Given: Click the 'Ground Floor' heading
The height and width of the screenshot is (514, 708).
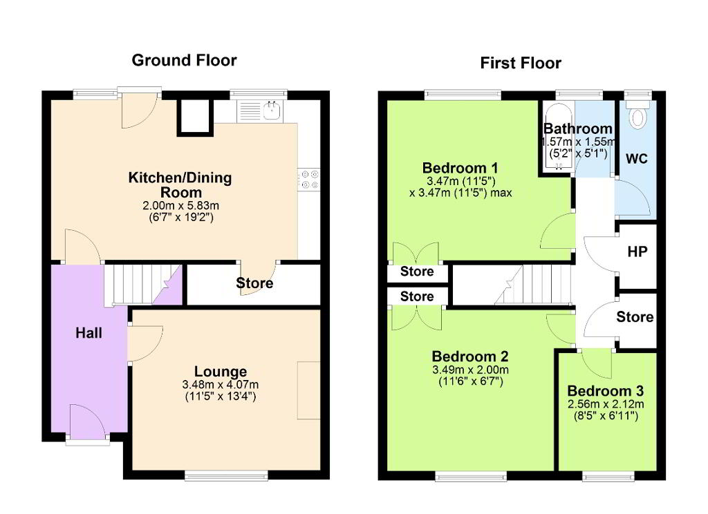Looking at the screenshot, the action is pyautogui.click(x=184, y=61).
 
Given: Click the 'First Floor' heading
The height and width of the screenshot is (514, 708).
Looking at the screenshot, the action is pyautogui.click(x=521, y=63).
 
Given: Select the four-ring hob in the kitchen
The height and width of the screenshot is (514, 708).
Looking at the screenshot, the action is pyautogui.click(x=309, y=179).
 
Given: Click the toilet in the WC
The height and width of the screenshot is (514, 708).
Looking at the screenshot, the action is pyautogui.click(x=637, y=115).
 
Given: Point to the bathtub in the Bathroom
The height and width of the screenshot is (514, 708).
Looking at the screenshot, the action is pyautogui.click(x=559, y=137).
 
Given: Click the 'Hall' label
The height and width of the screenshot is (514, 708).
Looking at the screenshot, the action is pyautogui.click(x=88, y=333).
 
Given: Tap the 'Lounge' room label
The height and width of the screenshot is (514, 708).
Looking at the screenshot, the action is pyautogui.click(x=221, y=372).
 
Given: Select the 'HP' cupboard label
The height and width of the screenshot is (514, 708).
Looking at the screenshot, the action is pyautogui.click(x=637, y=251).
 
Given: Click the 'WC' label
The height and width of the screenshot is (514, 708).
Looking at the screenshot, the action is pyautogui.click(x=637, y=158).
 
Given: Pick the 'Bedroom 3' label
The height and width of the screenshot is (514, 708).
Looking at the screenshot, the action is pyautogui.click(x=606, y=391).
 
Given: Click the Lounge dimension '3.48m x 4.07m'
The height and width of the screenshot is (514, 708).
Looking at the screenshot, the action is pyautogui.click(x=221, y=385).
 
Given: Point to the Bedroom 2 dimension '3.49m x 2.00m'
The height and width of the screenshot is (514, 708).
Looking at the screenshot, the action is pyautogui.click(x=470, y=370).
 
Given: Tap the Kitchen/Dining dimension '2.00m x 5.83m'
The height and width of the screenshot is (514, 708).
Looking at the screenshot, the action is pyautogui.click(x=181, y=206).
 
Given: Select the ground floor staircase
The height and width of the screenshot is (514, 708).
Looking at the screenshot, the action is pyautogui.click(x=142, y=285).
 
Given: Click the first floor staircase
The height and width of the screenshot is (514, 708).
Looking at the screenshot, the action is pyautogui.click(x=512, y=285).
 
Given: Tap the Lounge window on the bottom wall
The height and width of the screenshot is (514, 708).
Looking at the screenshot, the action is pyautogui.click(x=226, y=475).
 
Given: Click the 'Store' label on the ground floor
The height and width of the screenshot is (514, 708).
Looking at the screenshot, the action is pyautogui.click(x=254, y=283).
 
